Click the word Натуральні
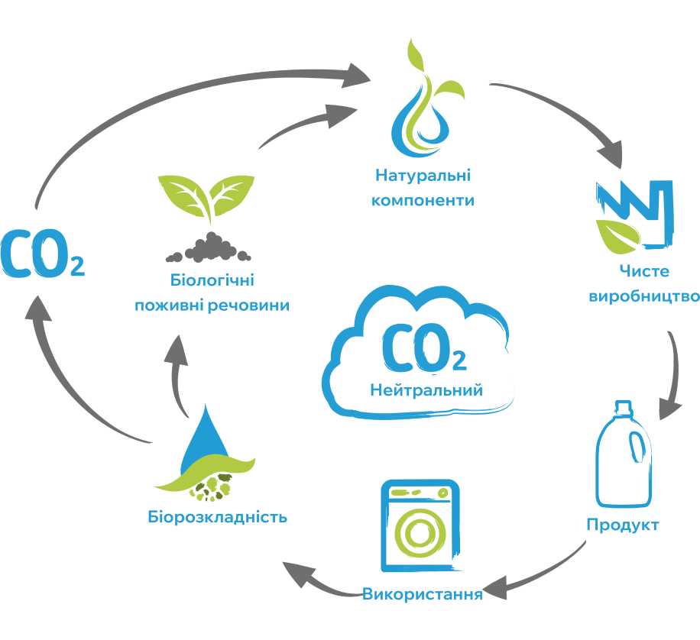tap(423, 176)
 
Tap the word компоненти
tap(423, 200)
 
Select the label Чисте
tap(644, 271)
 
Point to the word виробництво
tap(644, 296)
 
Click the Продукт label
tap(623, 525)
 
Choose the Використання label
tap(423, 594)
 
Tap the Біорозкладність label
tap(217, 517)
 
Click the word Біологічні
tap(212, 280)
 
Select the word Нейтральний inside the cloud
tap(426, 390)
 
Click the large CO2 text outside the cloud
tap(42, 254)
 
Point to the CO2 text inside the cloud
tap(424, 348)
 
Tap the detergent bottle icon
tap(624, 454)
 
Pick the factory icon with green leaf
tap(634, 215)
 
